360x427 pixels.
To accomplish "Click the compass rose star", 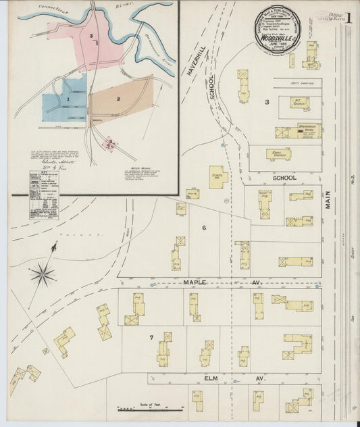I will coord(43,274).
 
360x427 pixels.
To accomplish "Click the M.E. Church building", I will coord(299,103).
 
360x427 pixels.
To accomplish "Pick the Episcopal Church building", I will coord(278,153).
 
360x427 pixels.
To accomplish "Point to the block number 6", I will coord(203,228).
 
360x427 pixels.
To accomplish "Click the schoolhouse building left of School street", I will coord(217,177).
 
